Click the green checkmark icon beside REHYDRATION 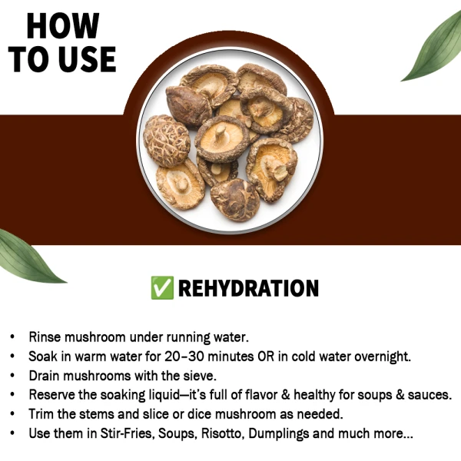coord(162,288)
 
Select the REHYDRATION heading coord(247,288)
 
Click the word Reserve coord(55,395)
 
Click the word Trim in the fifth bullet coord(42,414)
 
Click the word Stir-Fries coord(127,433)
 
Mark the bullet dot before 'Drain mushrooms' coord(12,376)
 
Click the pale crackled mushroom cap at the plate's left coord(167,141)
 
